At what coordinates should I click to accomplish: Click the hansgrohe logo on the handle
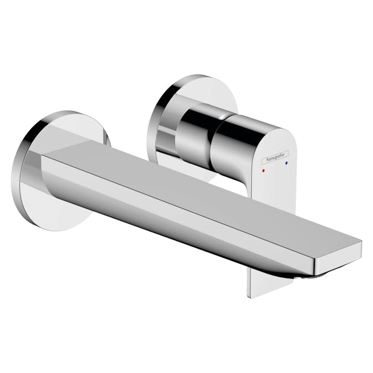click(275, 159)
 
